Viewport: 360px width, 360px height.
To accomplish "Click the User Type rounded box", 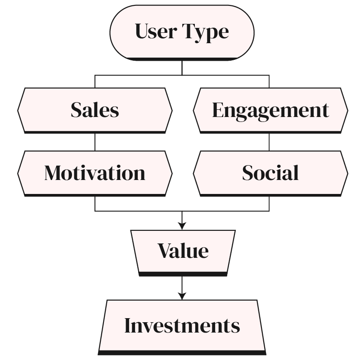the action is pyautogui.click(x=182, y=31).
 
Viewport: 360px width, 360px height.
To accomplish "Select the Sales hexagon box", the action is pyautogui.click(x=95, y=110).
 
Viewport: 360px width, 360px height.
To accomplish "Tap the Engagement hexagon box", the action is pyautogui.click(x=270, y=110).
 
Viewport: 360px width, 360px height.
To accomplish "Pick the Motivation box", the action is pyautogui.click(x=95, y=173).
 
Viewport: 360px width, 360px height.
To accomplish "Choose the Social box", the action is pyautogui.click(x=270, y=173).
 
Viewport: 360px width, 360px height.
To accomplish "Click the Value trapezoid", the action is pyautogui.click(x=183, y=251).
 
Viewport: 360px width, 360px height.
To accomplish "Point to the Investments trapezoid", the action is pyautogui.click(x=182, y=325).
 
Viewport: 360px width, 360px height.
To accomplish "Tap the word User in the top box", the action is pyautogui.click(x=156, y=31).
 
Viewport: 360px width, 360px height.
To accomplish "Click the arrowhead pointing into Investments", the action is pyautogui.click(x=182, y=296).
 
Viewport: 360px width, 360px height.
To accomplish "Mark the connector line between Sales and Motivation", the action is pyautogui.click(x=95, y=141).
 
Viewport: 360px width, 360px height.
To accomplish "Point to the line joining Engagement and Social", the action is pyautogui.click(x=269, y=141).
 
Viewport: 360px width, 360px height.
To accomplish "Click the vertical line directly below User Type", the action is pyautogui.click(x=182, y=67).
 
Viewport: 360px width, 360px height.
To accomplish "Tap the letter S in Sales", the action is pyautogui.click(x=76, y=110).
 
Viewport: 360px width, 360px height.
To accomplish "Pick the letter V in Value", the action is pyautogui.click(x=165, y=251).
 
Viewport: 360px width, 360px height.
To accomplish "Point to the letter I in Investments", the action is pyautogui.click(x=128, y=325).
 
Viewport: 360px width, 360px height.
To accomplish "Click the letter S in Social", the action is pyautogui.click(x=248, y=173).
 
